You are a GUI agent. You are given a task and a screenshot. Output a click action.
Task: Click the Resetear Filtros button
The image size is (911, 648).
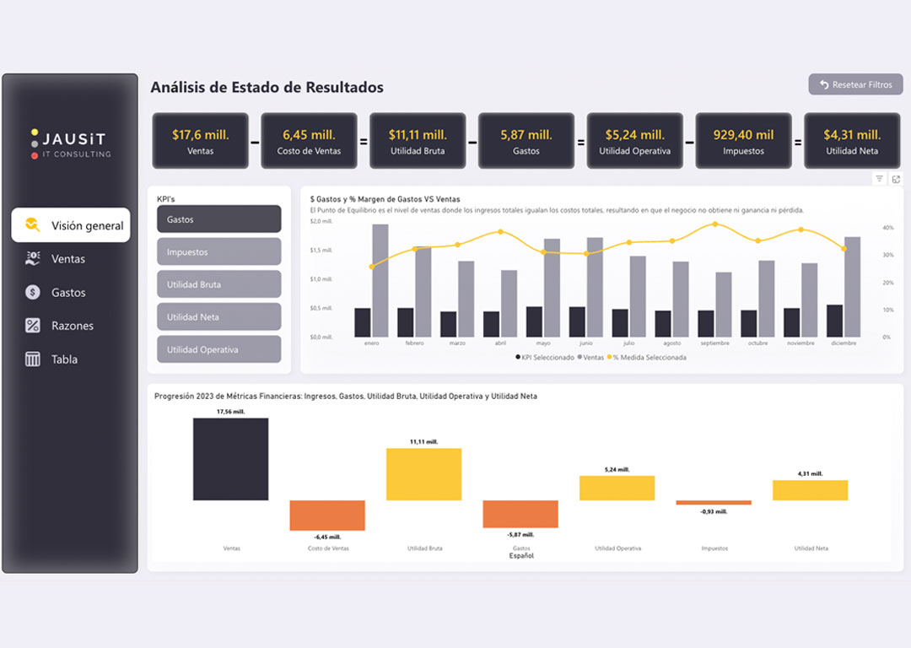click(855, 84)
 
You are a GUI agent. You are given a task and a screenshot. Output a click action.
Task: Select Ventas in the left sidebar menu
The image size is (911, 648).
click(67, 259)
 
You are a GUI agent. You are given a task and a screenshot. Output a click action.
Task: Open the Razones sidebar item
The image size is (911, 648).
click(72, 326)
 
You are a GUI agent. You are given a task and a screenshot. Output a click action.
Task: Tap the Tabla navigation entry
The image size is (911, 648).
click(64, 359)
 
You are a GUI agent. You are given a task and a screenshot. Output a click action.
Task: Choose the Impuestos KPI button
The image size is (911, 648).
click(218, 251)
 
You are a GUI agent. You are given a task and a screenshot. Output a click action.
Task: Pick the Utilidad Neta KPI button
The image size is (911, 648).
click(218, 316)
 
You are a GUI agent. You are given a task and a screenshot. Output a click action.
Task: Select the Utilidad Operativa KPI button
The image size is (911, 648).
click(218, 349)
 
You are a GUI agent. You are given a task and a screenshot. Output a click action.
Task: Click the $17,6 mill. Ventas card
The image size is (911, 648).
click(200, 141)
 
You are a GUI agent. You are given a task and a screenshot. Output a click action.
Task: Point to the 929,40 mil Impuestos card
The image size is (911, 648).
click(743, 141)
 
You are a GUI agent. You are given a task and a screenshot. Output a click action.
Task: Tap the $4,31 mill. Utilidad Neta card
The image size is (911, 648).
click(852, 141)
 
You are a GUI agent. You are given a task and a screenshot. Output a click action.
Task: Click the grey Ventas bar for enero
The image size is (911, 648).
click(380, 280)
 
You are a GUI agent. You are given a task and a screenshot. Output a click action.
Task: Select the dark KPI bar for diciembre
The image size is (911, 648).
click(834, 321)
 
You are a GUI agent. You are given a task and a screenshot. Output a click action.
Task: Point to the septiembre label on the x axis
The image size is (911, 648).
click(714, 343)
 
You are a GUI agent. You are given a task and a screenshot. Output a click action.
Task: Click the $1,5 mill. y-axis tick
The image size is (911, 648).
click(321, 250)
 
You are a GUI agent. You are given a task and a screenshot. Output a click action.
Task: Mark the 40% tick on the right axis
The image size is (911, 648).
click(887, 228)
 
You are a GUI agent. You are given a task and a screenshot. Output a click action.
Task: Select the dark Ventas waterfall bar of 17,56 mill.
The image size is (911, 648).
click(230, 459)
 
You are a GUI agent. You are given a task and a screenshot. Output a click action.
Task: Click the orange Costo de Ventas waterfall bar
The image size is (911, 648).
click(327, 515)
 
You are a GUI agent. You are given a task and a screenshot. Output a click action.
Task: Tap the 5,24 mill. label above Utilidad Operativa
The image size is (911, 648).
click(617, 469)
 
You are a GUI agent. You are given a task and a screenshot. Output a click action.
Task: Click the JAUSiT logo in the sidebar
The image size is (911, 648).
click(70, 143)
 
